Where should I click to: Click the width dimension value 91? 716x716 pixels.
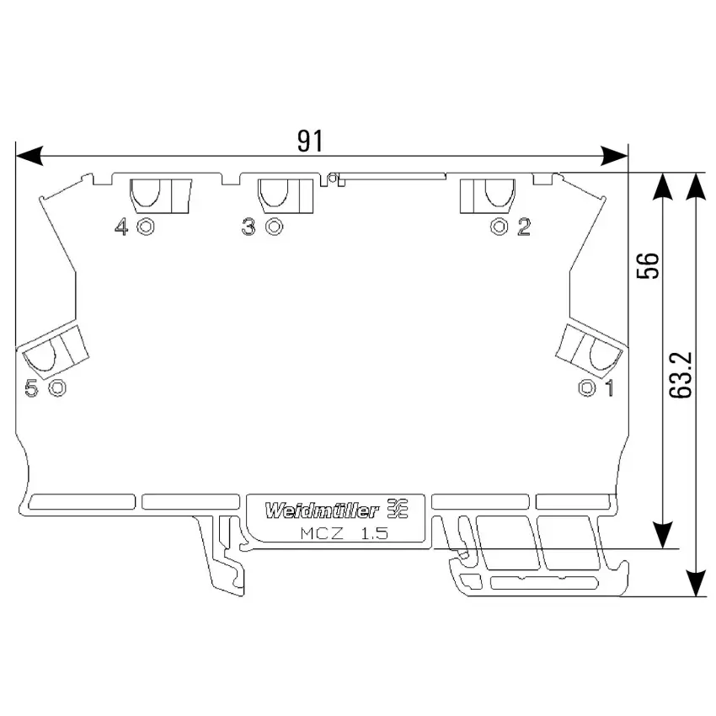(x=310, y=141)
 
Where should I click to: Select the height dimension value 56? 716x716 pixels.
(x=649, y=265)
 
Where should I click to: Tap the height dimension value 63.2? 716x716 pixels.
(x=681, y=375)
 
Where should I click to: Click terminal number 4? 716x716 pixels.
(x=121, y=227)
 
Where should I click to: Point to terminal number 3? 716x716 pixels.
(x=248, y=227)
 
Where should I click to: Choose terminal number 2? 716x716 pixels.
(x=524, y=227)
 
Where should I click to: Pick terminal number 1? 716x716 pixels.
(x=609, y=388)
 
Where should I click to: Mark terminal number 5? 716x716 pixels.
(x=31, y=388)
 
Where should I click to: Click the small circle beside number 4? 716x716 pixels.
(x=146, y=227)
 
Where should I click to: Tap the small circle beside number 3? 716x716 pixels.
(x=274, y=227)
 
